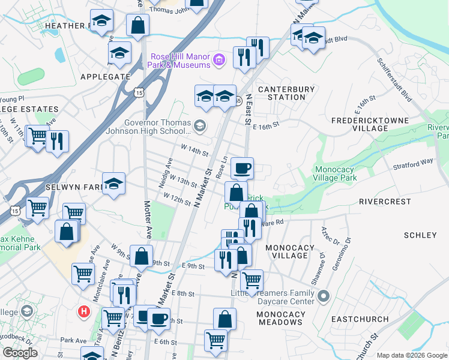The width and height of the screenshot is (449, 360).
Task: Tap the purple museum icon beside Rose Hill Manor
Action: [219, 59]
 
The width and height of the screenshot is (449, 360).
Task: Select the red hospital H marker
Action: [85, 312]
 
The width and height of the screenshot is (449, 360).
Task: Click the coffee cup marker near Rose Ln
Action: [242, 169]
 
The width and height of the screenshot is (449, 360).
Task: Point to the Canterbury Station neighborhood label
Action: [286, 93]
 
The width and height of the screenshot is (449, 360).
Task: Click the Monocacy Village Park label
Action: [336, 173]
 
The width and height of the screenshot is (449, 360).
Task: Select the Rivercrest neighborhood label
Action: [384, 202]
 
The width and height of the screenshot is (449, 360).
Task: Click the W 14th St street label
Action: [193, 148]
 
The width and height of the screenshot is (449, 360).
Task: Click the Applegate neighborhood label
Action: [105, 77]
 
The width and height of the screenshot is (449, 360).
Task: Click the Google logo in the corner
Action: [20, 353]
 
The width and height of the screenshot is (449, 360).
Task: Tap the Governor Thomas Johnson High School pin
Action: [200, 125]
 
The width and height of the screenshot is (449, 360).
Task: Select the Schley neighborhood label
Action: [420, 235]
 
